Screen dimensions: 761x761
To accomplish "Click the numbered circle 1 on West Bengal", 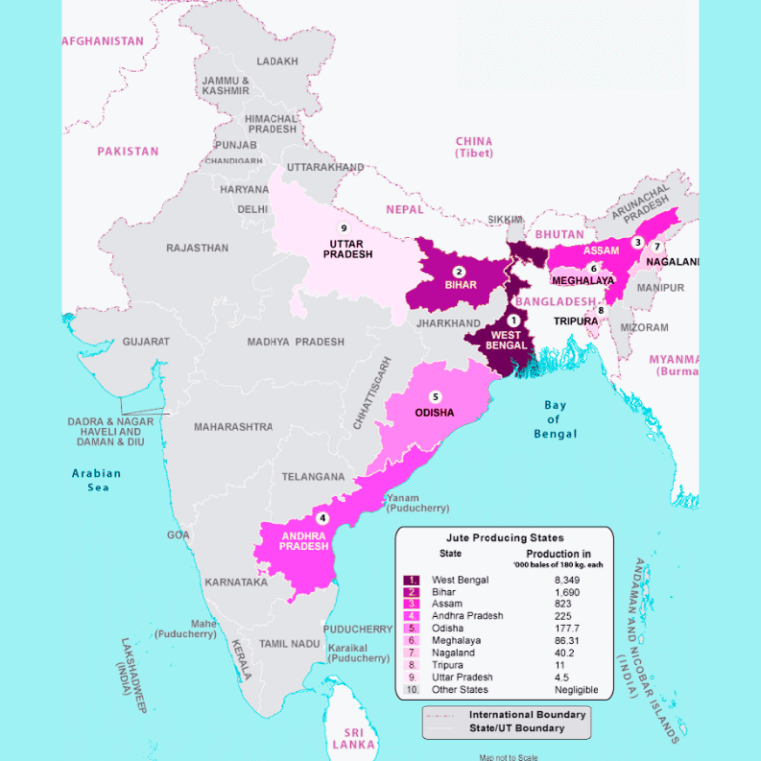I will (x=513, y=320).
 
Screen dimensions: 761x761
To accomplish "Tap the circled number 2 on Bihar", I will (x=458, y=272).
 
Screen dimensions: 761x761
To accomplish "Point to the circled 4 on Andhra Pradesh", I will (x=321, y=518).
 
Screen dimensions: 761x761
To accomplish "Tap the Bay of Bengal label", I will (x=554, y=419).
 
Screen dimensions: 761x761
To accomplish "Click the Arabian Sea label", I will (x=96, y=480).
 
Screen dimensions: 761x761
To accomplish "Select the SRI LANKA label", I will (x=354, y=737).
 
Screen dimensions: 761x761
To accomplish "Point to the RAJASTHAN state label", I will (x=197, y=248).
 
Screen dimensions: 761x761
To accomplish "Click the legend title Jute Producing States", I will (x=504, y=538).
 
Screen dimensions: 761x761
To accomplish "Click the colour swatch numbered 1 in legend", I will (x=411, y=580).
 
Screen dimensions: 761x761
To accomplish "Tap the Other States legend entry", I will (x=460, y=689).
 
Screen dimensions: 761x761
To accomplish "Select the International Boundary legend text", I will (x=526, y=714).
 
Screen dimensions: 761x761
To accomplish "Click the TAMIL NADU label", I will (x=288, y=644).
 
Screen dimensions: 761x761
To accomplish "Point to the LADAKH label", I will (x=276, y=61).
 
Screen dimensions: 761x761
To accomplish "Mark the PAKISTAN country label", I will (x=127, y=152).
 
